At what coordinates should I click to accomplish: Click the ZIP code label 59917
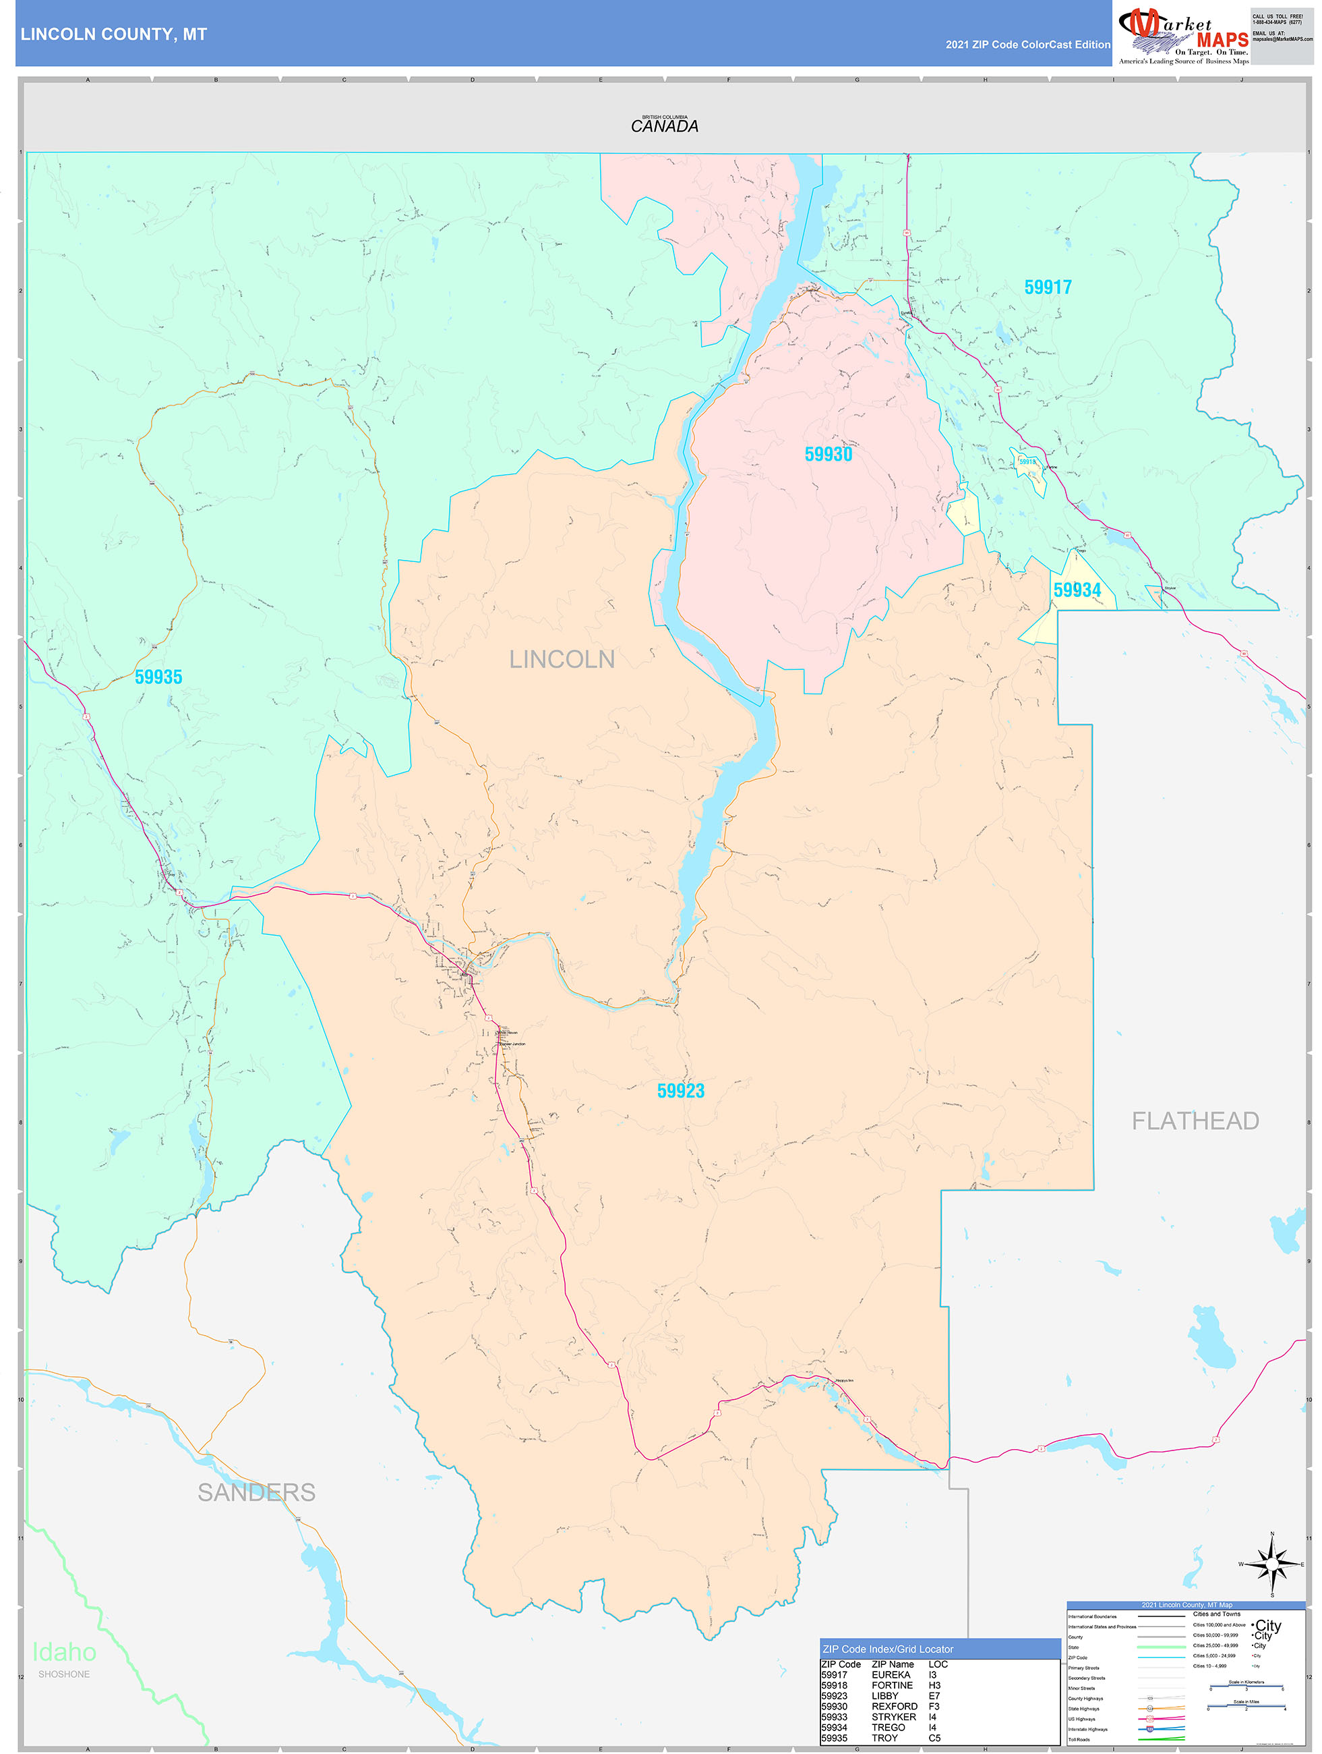1047,287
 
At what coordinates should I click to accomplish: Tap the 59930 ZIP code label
829,455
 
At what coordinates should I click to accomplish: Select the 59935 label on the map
158,677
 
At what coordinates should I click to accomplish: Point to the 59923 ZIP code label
681,1090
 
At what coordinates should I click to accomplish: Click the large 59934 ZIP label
1077,590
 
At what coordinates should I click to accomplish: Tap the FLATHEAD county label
1195,1121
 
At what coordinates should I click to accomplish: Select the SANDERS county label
256,1492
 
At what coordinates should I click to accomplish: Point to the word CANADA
664,126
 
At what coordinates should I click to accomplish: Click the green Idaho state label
64,1651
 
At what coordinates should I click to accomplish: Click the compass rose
1272,1564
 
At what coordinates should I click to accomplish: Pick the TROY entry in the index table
884,1737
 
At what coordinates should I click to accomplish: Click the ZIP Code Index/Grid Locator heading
888,1649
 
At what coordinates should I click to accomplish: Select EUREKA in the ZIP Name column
891,1674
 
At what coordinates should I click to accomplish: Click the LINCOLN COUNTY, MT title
113,34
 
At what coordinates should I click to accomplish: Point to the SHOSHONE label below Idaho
64,1674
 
